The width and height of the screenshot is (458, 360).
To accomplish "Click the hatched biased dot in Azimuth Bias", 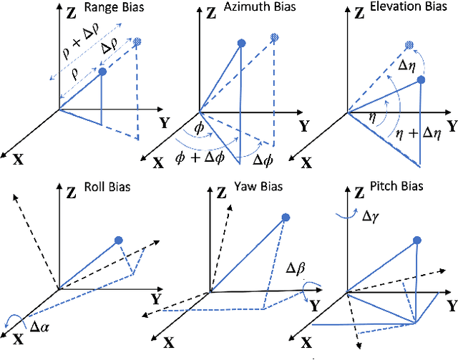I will click(274, 37).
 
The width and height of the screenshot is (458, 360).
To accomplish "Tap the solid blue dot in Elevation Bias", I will click(420, 79).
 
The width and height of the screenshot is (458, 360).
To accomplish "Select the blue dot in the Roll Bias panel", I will click(119, 240).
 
